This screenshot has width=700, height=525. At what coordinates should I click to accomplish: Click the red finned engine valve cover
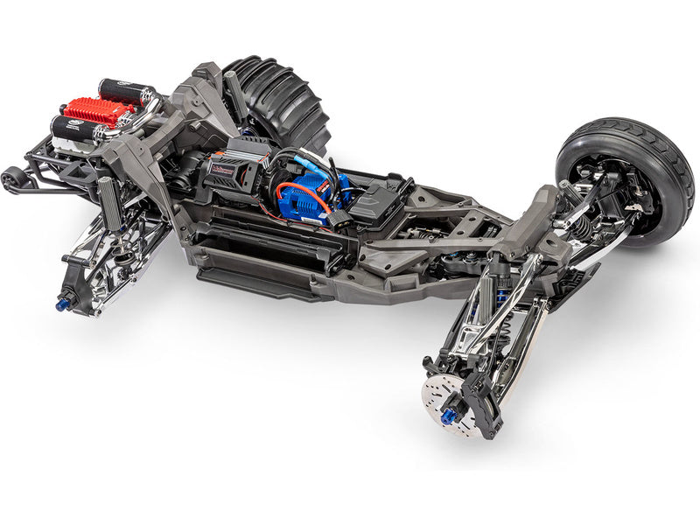tap(98, 111)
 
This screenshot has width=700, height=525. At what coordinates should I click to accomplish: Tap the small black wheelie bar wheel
tap(13, 181)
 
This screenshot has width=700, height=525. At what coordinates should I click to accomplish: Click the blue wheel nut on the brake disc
tap(449, 416)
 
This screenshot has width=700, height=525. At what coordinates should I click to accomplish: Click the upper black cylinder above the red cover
tap(122, 90)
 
